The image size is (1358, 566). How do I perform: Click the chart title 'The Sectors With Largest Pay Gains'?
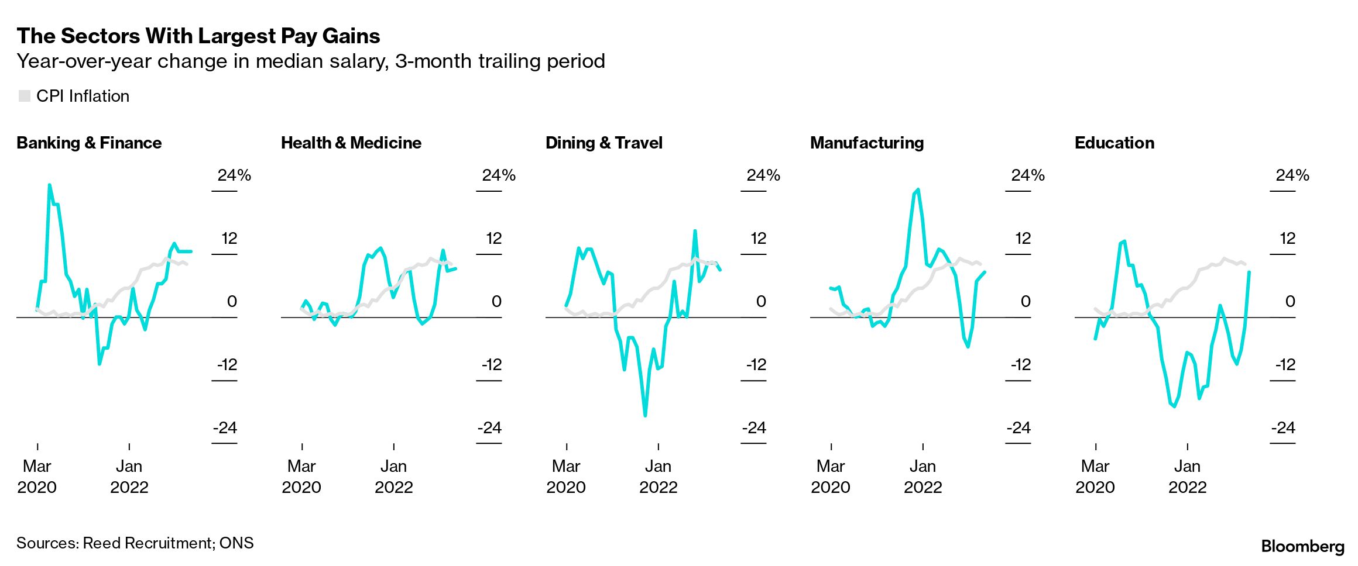(198, 36)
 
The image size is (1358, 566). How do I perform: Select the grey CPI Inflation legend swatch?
(24, 96)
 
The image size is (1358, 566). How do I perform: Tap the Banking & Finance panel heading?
(89, 143)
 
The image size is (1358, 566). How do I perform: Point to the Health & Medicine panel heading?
(351, 143)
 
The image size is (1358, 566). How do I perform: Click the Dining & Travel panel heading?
(603, 143)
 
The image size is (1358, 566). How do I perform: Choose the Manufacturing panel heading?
(866, 143)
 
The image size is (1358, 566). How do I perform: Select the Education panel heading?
(1114, 143)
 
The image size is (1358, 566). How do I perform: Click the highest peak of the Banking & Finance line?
(49, 185)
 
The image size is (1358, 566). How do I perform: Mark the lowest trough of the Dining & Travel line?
(645, 416)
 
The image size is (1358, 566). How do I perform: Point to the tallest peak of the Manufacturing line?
(918, 189)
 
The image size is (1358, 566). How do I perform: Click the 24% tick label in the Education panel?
(1292, 175)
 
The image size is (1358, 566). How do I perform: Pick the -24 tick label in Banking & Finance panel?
(225, 427)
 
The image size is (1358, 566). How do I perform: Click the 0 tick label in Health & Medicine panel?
(496, 301)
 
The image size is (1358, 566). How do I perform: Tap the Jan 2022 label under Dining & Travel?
(658, 477)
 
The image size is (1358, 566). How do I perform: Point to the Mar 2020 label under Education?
(1095, 477)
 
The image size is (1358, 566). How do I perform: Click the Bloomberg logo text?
(1302, 546)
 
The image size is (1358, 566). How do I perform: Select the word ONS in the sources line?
(236, 543)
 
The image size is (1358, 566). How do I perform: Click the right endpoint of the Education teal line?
(1250, 272)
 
